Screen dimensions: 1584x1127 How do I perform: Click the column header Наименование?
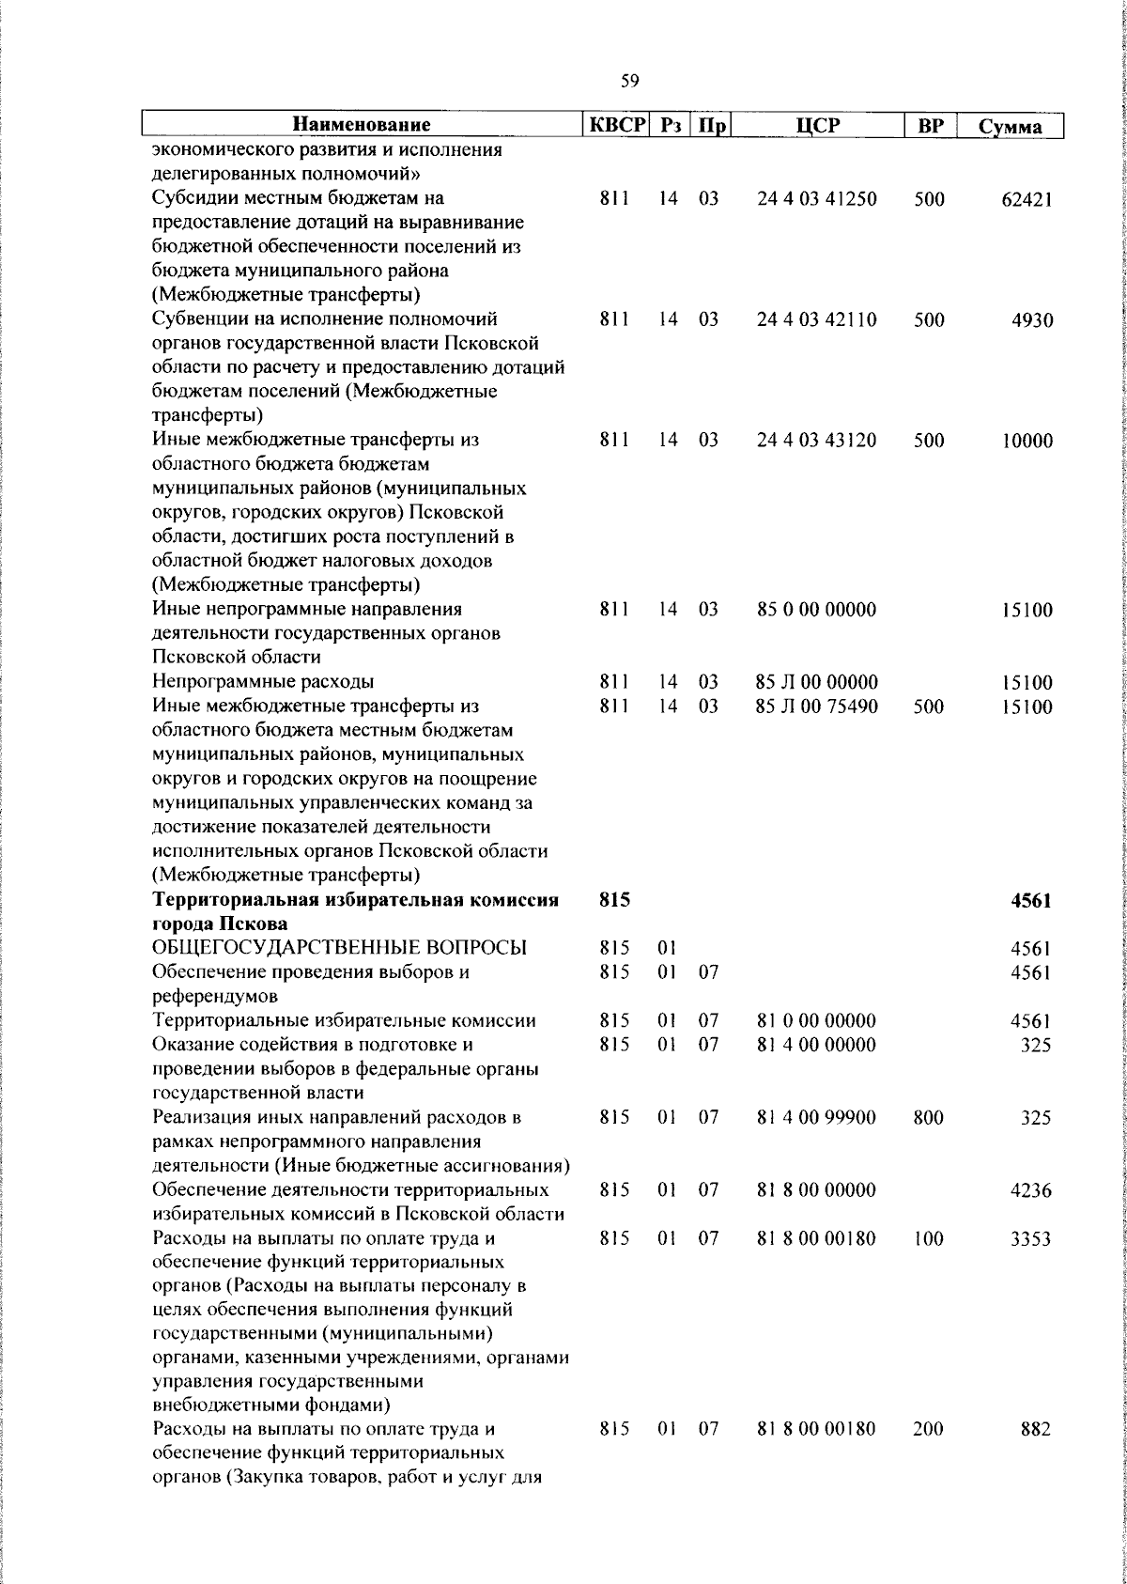click(362, 125)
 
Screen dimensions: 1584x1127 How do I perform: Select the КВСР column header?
click(615, 125)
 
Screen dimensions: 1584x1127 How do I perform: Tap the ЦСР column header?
click(817, 125)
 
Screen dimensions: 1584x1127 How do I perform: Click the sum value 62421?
click(1026, 199)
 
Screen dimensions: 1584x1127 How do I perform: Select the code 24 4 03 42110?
click(816, 319)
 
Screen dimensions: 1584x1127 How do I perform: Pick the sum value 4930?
click(1032, 320)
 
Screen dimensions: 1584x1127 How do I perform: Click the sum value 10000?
click(1027, 441)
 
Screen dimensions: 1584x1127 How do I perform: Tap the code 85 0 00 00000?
click(816, 610)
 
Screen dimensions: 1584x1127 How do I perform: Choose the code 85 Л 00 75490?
click(816, 707)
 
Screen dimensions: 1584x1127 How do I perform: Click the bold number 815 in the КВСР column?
click(613, 900)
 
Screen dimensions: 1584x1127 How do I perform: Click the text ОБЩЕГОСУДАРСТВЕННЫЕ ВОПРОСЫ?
click(339, 948)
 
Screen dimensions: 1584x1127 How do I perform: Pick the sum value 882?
click(1035, 1455)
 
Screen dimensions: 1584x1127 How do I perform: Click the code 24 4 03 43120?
click(816, 440)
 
